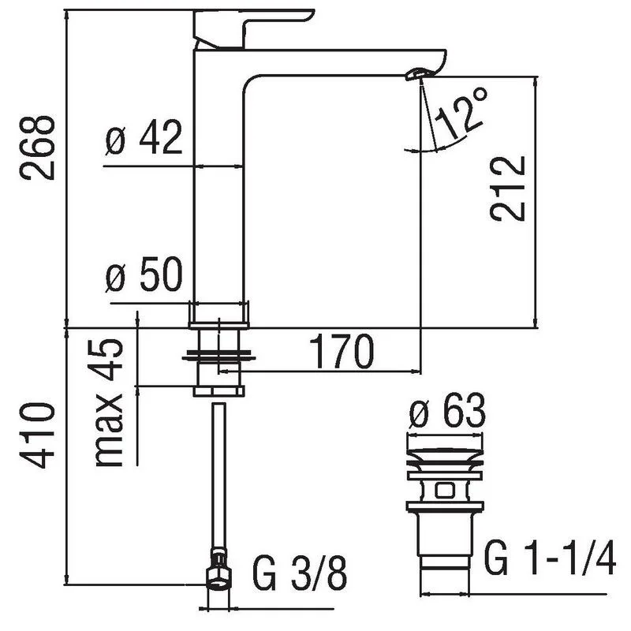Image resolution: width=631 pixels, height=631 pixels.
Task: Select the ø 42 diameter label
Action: [x=144, y=140]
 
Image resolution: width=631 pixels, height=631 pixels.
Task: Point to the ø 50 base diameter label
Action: [x=144, y=278]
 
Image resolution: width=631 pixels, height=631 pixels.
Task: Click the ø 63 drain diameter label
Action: [x=446, y=413]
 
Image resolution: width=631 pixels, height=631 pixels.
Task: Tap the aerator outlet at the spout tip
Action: [x=415, y=75]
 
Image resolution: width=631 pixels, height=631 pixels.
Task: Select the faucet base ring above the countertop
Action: [x=218, y=314]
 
